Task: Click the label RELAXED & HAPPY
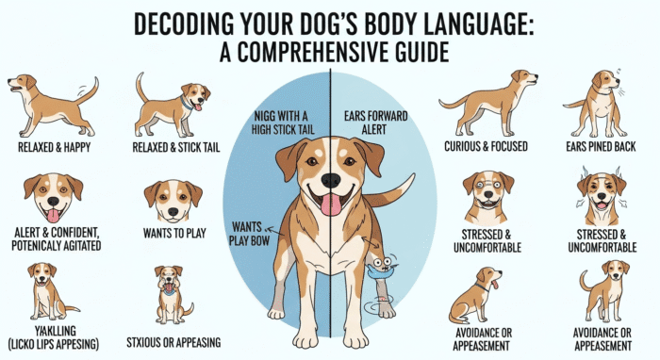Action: tap(55, 147)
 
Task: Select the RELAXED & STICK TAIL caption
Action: tap(176, 148)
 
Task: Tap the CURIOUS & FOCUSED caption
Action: tap(486, 146)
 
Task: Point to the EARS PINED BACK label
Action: tap(601, 146)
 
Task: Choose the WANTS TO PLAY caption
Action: tap(174, 233)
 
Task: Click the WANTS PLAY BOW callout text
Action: tap(247, 234)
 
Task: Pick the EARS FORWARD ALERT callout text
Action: tap(375, 123)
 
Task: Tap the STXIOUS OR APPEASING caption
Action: tap(173, 342)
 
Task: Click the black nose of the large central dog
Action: tap(331, 180)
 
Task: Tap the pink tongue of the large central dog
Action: tap(331, 205)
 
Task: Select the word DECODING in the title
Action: tap(184, 25)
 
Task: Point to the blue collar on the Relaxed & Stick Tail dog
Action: tap(186, 103)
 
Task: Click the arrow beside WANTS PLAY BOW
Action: tap(274, 231)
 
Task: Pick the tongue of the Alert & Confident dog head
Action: tap(53, 215)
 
